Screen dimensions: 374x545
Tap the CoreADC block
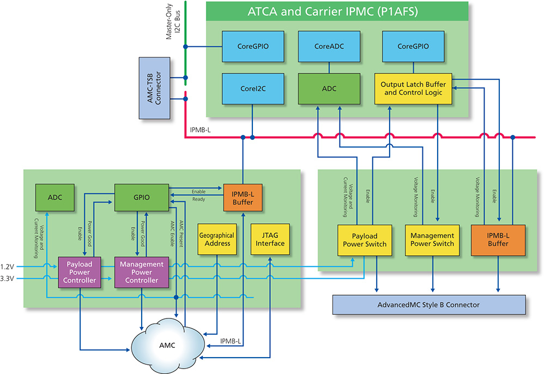click(x=329, y=46)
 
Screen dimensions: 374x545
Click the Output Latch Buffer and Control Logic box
click(x=413, y=88)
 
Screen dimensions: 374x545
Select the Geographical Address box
click(x=216, y=240)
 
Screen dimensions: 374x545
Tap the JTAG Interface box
click(x=270, y=240)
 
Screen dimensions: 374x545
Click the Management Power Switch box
click(x=432, y=240)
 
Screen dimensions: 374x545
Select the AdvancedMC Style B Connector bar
click(x=428, y=304)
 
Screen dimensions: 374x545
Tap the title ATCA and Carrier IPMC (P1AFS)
click(x=337, y=10)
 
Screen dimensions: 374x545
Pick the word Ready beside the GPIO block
click(x=198, y=199)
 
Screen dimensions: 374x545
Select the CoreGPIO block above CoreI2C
click(x=252, y=46)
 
